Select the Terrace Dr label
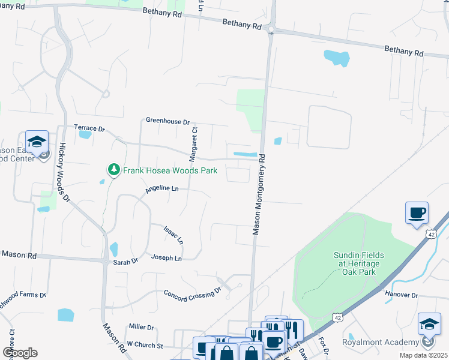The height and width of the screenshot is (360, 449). (x=89, y=128)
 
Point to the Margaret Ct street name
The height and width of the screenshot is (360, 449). (x=193, y=144)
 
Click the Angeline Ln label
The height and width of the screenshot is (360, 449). (x=162, y=189)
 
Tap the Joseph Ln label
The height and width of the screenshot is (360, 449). (x=166, y=258)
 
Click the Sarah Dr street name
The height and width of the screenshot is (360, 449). (x=126, y=261)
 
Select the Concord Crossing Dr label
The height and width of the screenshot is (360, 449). (x=193, y=294)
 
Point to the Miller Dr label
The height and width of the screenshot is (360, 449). (x=142, y=327)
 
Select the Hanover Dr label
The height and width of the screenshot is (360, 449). (x=402, y=295)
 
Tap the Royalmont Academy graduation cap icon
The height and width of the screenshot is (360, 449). (x=429, y=325)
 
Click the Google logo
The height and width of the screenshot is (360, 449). (x=20, y=353)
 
